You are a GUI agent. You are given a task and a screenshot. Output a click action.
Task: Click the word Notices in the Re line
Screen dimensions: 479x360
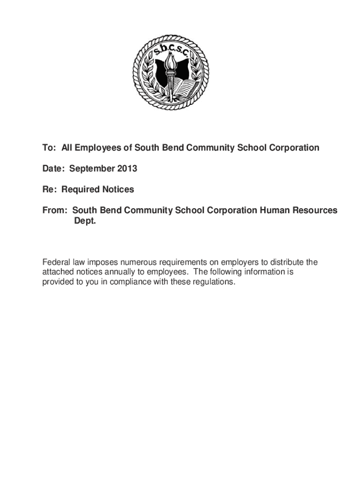click(118, 189)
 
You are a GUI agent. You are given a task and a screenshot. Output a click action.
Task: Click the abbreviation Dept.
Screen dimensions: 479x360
click(85, 221)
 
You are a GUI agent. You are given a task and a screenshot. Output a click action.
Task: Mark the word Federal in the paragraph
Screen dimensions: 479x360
click(55, 261)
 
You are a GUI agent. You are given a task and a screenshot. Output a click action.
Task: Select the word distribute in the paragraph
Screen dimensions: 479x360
click(286, 261)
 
